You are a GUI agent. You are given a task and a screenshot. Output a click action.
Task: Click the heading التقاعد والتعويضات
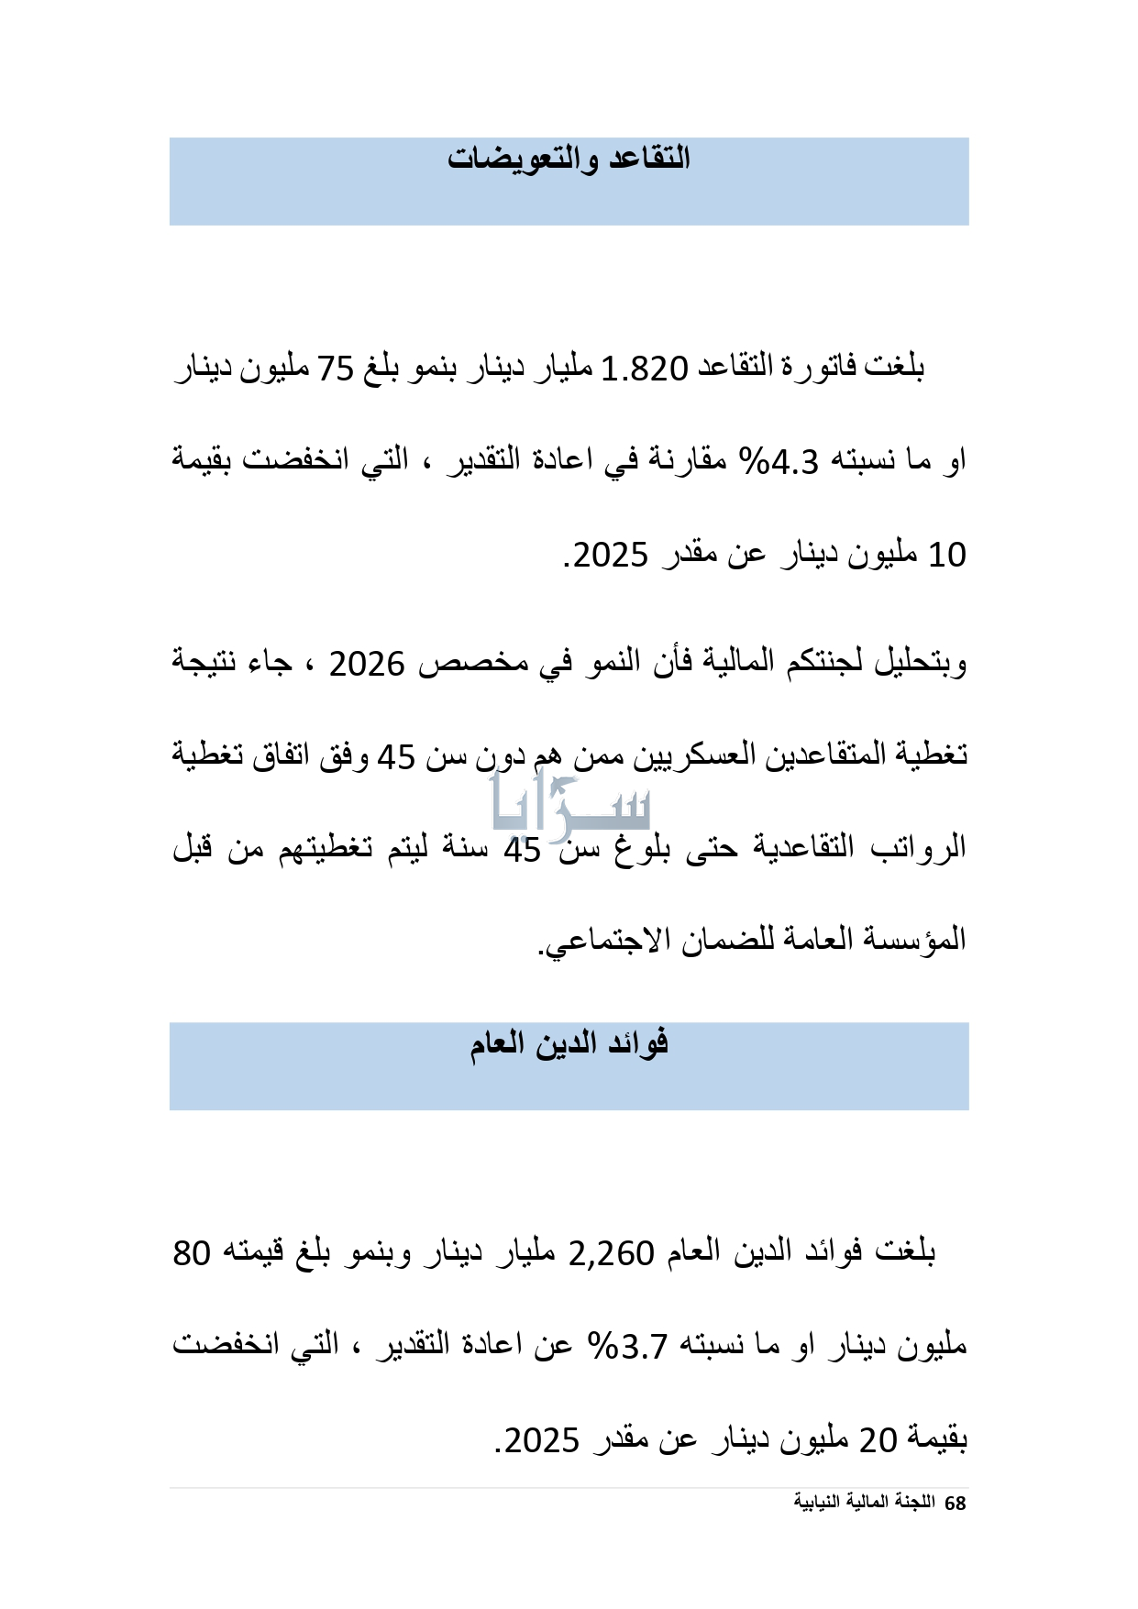click(569, 159)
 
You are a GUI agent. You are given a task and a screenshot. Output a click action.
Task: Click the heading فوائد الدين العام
click(569, 1043)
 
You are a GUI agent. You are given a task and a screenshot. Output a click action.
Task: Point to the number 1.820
click(644, 369)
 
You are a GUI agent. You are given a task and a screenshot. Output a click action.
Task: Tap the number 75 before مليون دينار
click(335, 369)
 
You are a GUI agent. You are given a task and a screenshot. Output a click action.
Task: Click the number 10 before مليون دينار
click(947, 555)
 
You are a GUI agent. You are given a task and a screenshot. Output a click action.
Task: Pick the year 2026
click(367, 664)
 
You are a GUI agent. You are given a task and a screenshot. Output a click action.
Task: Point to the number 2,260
click(612, 1253)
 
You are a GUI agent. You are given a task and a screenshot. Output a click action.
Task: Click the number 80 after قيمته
click(192, 1253)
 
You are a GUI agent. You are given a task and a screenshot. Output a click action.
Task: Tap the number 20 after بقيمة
click(878, 1439)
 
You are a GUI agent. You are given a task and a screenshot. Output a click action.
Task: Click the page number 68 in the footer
click(955, 1504)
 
